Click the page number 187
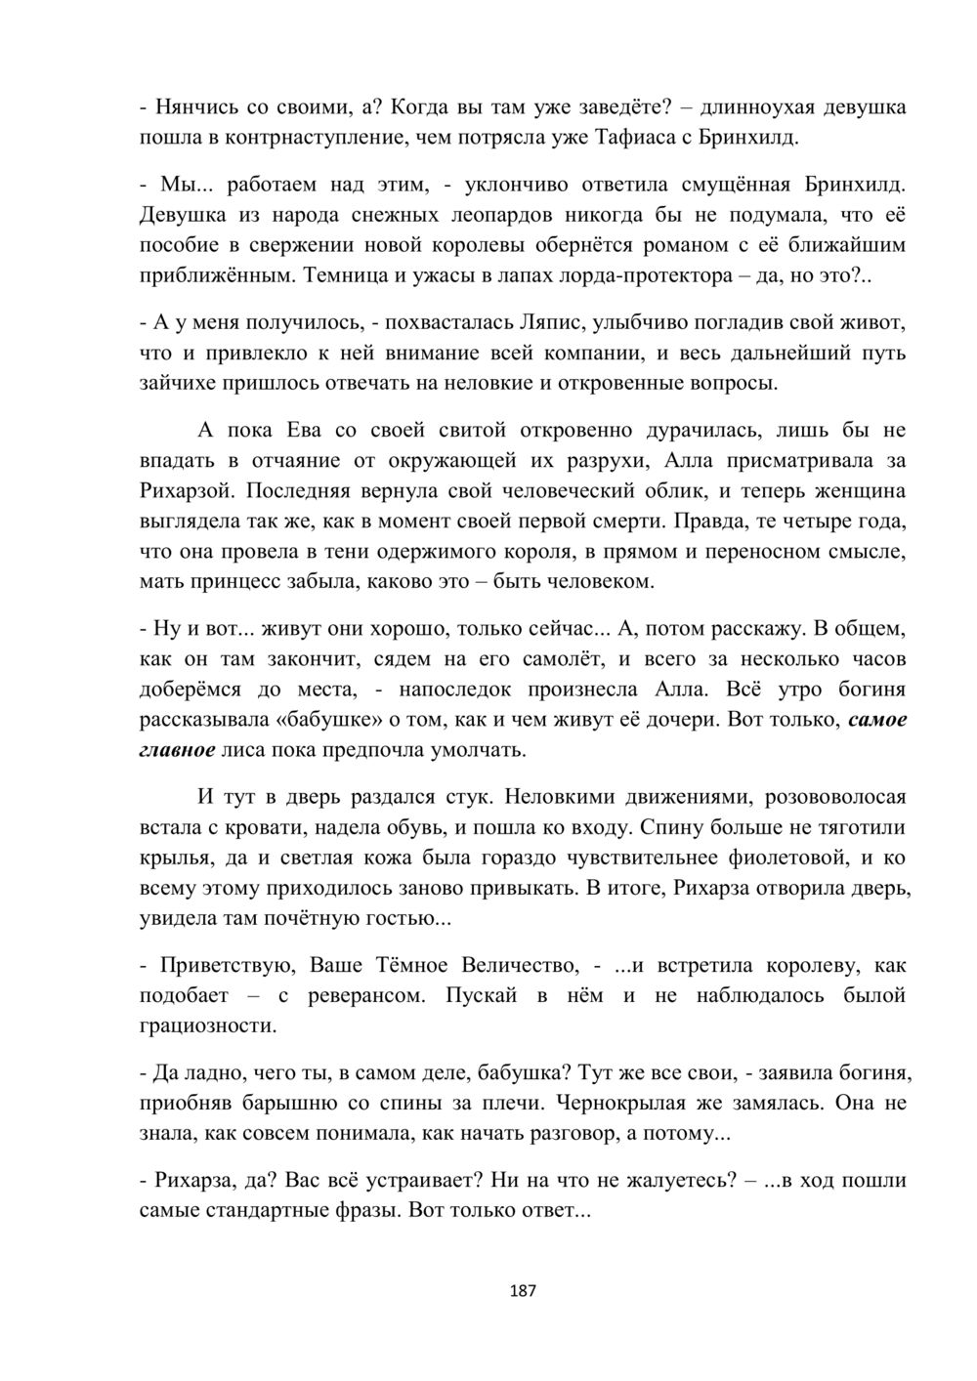(524, 1290)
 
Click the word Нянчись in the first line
(192, 106)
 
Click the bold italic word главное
(177, 751)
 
